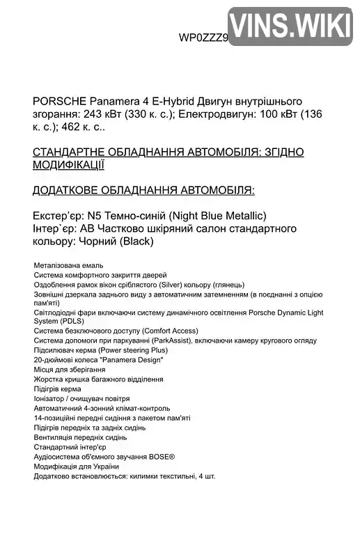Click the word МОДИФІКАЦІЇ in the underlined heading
68,165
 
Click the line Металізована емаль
68,265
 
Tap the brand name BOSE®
161,457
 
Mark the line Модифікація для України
76,466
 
